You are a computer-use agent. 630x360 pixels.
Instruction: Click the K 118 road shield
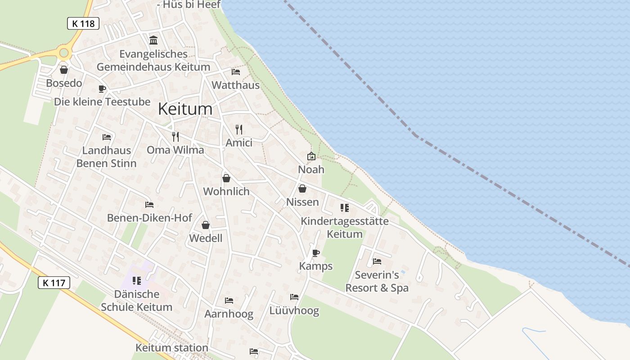click(83, 23)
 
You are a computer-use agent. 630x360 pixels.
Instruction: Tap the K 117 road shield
click(54, 283)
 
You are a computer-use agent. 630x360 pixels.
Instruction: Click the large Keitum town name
click(185, 109)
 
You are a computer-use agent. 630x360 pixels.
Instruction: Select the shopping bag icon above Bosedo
click(64, 70)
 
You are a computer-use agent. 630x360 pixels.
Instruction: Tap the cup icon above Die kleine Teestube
click(102, 89)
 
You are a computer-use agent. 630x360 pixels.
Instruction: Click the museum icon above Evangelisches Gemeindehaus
click(153, 40)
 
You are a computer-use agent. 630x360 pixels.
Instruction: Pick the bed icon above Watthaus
click(235, 72)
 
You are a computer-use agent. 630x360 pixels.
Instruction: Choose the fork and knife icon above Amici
click(239, 130)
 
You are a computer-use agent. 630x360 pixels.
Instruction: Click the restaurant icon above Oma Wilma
click(175, 136)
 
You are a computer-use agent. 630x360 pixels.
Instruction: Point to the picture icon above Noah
click(311, 156)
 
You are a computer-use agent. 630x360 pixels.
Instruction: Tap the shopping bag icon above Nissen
click(302, 189)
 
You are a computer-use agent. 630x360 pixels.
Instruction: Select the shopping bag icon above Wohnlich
click(226, 178)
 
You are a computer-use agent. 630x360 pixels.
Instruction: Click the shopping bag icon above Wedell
click(206, 225)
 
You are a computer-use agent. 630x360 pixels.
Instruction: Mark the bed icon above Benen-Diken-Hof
click(149, 205)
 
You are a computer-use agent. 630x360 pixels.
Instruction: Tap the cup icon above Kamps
click(316, 253)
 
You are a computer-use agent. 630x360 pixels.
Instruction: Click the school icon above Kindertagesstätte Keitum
click(345, 207)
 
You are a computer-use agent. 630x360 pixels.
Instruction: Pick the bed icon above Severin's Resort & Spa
click(377, 261)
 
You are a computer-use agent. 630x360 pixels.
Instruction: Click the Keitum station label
click(172, 348)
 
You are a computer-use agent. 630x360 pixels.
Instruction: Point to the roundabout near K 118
click(64, 53)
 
